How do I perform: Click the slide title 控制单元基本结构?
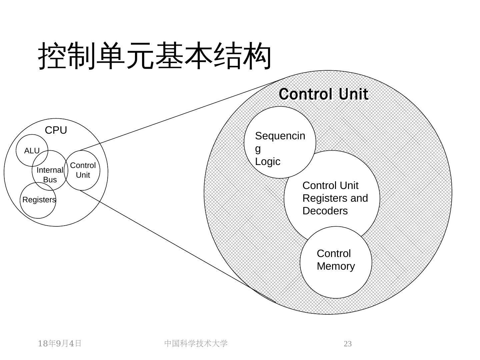(x=155, y=56)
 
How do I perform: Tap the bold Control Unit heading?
(x=323, y=94)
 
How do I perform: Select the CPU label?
(x=56, y=130)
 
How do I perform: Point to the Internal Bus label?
(x=50, y=175)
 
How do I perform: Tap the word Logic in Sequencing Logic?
(x=268, y=162)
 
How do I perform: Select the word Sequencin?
(x=280, y=136)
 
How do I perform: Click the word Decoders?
(x=325, y=211)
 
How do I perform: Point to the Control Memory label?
(x=336, y=260)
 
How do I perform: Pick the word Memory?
(x=336, y=266)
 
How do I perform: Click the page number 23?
(x=348, y=344)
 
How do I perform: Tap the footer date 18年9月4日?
(x=60, y=343)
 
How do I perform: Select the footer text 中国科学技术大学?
(x=196, y=343)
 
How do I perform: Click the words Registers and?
(x=335, y=198)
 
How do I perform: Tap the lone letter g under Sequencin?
(x=258, y=149)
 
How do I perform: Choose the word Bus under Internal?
(x=50, y=180)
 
